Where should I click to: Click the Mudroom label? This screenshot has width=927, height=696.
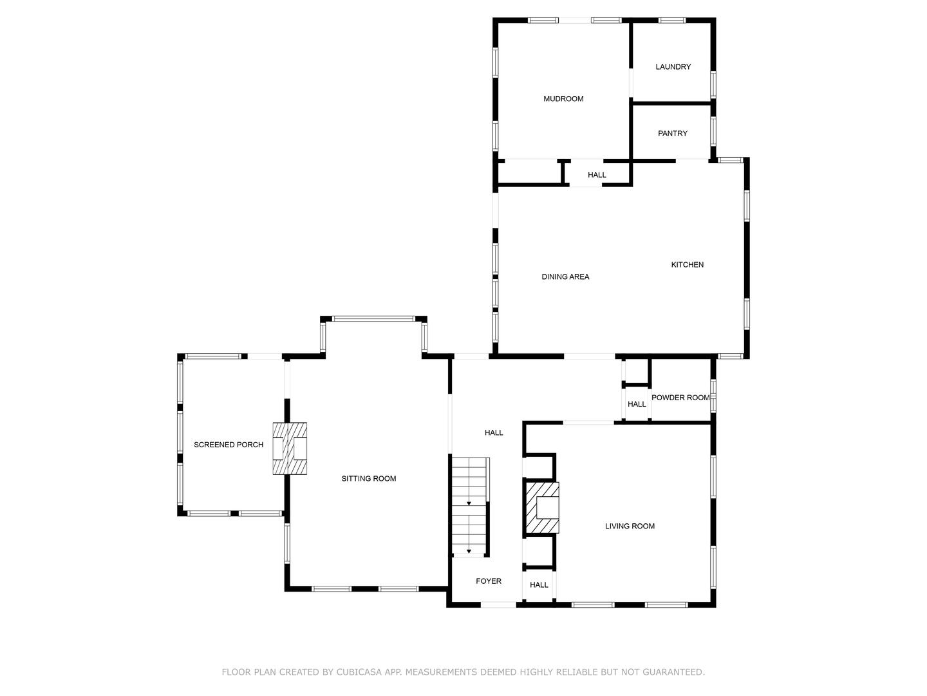pos(563,99)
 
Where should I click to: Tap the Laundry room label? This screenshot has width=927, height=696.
pos(673,67)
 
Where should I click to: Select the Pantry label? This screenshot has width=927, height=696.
pos(673,133)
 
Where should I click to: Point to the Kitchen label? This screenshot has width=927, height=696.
pos(687,265)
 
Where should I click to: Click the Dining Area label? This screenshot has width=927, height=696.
pos(565,277)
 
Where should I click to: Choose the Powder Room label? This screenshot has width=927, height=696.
pos(680,398)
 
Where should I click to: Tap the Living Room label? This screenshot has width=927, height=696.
pos(630,527)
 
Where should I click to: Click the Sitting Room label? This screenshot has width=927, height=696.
pos(368,479)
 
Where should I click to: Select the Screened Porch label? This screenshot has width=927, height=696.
pos(229,445)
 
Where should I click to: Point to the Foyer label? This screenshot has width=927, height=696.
pos(488,581)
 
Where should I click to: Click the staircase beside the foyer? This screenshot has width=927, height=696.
pos(469,506)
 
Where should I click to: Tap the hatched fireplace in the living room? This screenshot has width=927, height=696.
pos(542,508)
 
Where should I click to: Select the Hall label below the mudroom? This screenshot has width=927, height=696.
pos(597,175)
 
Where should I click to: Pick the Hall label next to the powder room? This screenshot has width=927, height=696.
pos(637,405)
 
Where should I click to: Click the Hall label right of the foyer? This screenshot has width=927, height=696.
pos(539,585)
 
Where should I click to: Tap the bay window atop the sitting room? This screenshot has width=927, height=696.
pos(373,318)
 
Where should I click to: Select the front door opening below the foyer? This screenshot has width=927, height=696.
pos(499,604)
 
